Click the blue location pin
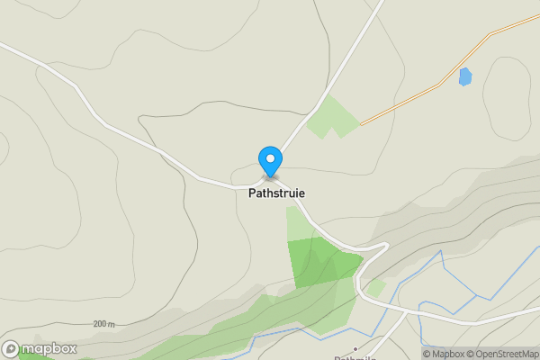pyautogui.click(x=270, y=161)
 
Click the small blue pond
pyautogui.click(x=464, y=76)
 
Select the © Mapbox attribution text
pyautogui.click(x=444, y=354)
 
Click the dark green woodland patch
pyautogui.click(x=319, y=261)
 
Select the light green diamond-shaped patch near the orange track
pyautogui.click(x=330, y=117)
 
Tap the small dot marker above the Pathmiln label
pyautogui.click(x=356, y=347)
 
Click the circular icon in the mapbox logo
pyautogui.click(x=11, y=348)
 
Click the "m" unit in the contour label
pyautogui.click(x=112, y=324)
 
